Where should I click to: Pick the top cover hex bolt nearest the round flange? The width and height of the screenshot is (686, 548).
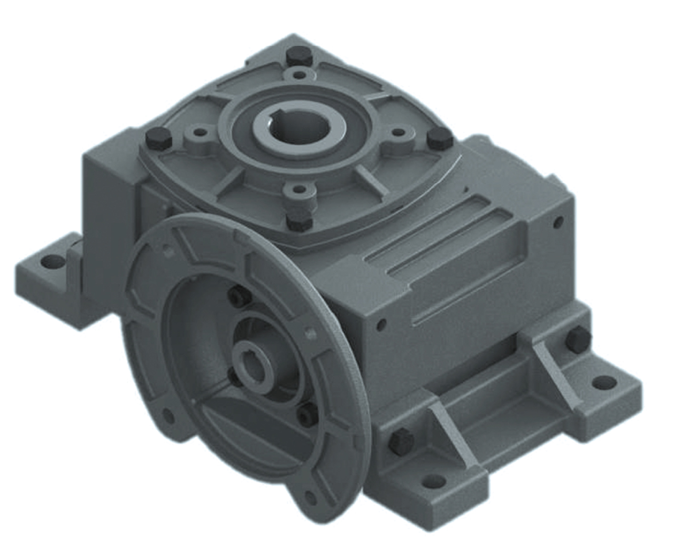pos(298,220)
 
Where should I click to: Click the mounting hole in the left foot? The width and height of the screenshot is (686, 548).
pos(50,261)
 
